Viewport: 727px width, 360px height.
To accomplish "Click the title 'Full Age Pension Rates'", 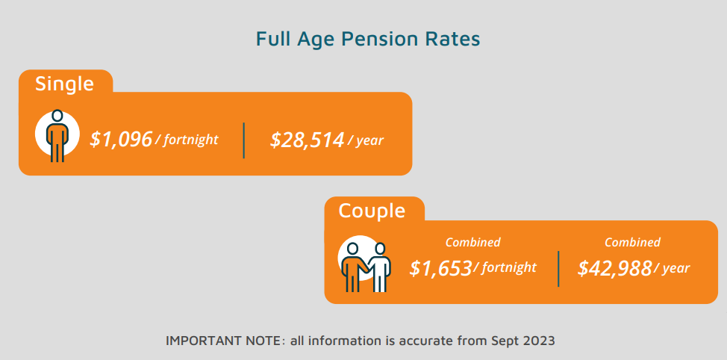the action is tap(368, 40).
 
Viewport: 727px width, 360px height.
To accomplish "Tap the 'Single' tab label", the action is tap(64, 84).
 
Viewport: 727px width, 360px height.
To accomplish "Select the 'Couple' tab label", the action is tap(372, 211).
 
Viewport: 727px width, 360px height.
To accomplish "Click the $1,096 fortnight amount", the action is tap(121, 139).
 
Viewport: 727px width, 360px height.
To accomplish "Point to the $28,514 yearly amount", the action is tap(308, 140).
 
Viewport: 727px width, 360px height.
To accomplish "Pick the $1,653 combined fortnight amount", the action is tap(440, 268).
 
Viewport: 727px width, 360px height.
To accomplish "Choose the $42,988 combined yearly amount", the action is tap(615, 268).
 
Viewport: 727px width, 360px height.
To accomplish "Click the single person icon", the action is tap(57, 135).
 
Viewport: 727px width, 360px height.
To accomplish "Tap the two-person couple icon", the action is tap(365, 267).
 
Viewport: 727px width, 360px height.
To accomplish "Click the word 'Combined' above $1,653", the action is tap(473, 242).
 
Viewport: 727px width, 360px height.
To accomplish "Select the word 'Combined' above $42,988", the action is tap(632, 242).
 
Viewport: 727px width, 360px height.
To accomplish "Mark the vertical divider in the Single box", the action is tap(244, 140).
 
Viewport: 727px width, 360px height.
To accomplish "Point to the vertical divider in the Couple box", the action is tap(558, 269).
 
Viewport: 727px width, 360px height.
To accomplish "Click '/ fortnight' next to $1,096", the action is tap(186, 140).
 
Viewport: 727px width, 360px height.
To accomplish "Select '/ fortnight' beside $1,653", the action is tap(505, 267).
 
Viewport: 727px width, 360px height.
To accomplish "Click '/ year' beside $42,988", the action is tap(671, 268).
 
